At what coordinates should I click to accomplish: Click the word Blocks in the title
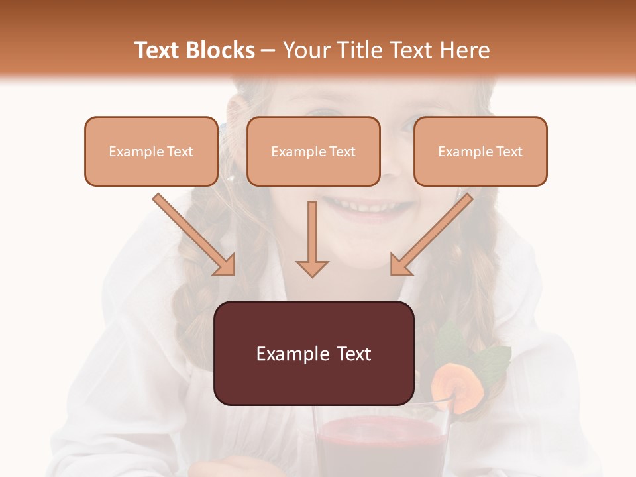tap(222, 50)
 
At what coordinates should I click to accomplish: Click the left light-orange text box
tap(151, 151)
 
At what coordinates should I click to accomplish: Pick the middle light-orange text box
tap(313, 151)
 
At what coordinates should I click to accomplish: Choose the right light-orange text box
tap(480, 151)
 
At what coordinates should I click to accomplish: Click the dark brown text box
tap(314, 353)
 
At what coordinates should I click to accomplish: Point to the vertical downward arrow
tap(312, 238)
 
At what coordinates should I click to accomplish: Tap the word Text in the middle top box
tap(342, 152)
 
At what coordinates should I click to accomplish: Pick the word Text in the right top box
tap(509, 152)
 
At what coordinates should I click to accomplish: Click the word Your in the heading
tap(307, 50)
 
